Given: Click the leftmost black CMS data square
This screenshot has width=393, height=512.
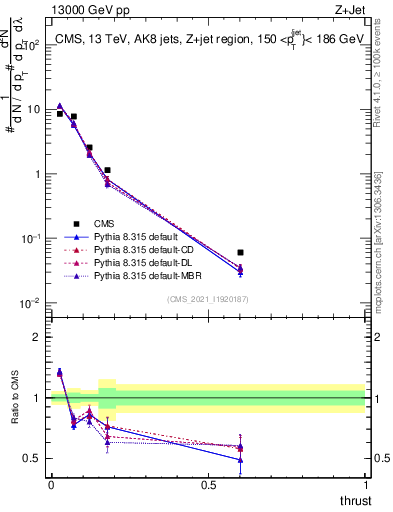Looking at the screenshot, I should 59,114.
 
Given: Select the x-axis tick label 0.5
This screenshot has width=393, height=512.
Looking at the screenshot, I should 208,484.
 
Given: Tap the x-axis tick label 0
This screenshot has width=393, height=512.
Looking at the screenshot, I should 51,484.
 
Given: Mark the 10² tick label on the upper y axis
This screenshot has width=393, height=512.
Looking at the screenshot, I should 32,45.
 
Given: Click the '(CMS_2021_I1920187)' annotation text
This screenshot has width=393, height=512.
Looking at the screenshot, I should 207,299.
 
